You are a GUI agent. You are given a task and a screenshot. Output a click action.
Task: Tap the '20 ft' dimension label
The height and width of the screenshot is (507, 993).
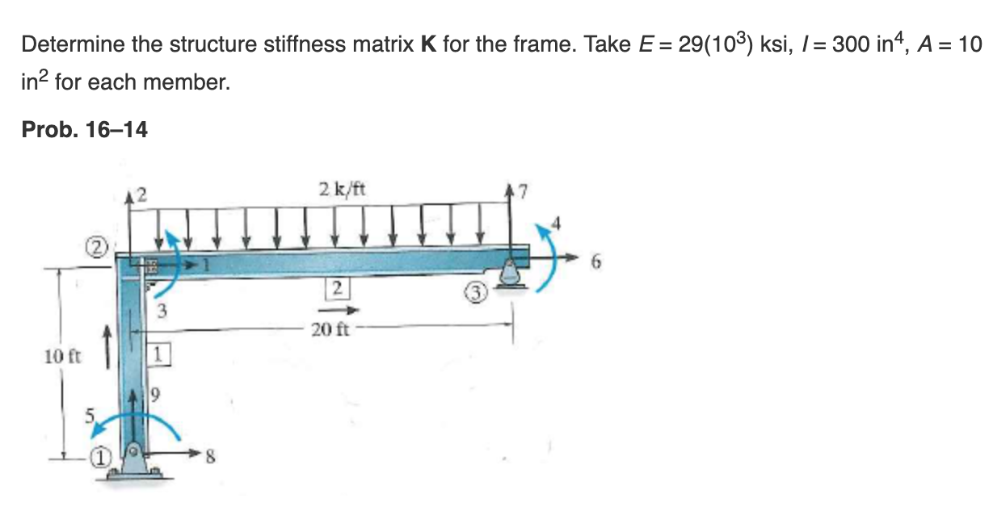pyautogui.click(x=330, y=329)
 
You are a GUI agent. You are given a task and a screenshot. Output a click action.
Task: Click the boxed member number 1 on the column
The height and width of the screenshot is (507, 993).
pyautogui.click(x=158, y=354)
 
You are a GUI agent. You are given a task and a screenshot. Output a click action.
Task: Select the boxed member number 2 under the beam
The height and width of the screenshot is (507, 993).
pyautogui.click(x=337, y=287)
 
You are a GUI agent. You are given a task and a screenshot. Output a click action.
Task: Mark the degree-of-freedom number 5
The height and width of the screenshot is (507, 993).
pyautogui.click(x=91, y=415)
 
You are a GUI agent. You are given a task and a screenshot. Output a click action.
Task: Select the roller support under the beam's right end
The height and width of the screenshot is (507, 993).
pyautogui.click(x=511, y=274)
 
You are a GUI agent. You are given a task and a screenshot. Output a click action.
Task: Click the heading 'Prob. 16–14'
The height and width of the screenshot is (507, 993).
pyautogui.click(x=84, y=129)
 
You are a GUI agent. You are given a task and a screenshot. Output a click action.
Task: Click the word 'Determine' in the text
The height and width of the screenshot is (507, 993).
pyautogui.click(x=73, y=44)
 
